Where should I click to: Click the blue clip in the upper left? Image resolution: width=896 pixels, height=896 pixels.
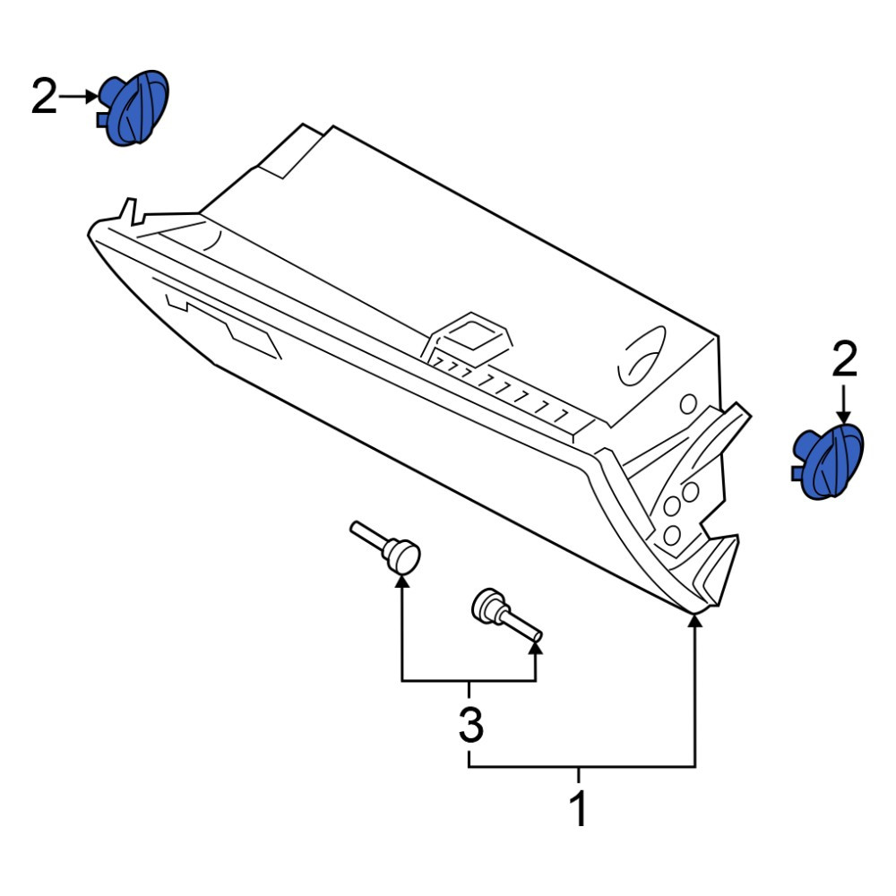[134, 108]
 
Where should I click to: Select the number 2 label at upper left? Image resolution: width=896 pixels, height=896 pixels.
[45, 97]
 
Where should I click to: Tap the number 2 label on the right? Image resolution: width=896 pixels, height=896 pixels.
[845, 359]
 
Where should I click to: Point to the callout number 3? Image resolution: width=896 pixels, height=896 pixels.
[471, 724]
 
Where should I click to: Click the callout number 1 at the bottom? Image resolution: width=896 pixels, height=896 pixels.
[578, 808]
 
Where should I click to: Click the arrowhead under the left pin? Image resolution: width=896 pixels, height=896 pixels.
[402, 582]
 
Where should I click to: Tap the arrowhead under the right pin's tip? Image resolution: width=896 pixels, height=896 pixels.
[536, 648]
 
